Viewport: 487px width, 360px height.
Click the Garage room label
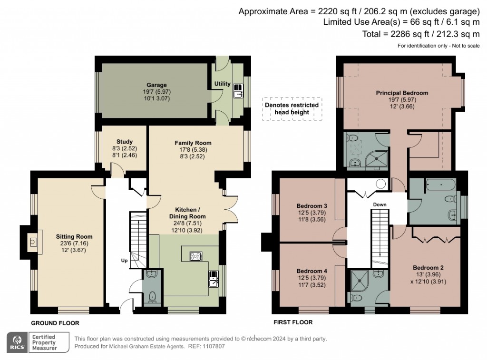tap(156, 85)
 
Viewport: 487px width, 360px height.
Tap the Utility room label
tap(222, 84)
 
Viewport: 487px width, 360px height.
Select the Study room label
tap(124, 142)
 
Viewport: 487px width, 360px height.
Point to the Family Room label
tap(193, 143)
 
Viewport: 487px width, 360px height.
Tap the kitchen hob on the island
tap(196, 256)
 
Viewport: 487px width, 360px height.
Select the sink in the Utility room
tap(237, 94)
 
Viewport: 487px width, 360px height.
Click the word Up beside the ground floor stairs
tap(124, 261)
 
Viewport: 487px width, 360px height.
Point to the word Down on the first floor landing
tap(380, 205)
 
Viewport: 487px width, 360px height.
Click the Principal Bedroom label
tap(402, 93)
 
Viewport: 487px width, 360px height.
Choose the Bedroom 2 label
tap(426, 267)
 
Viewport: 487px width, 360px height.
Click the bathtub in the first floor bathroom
tap(439, 184)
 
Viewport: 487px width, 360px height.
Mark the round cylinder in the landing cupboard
tap(381, 184)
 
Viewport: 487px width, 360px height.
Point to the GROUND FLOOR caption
tap(55, 323)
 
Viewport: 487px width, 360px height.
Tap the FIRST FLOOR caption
tap(293, 322)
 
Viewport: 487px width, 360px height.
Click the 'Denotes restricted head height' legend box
tap(292, 108)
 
